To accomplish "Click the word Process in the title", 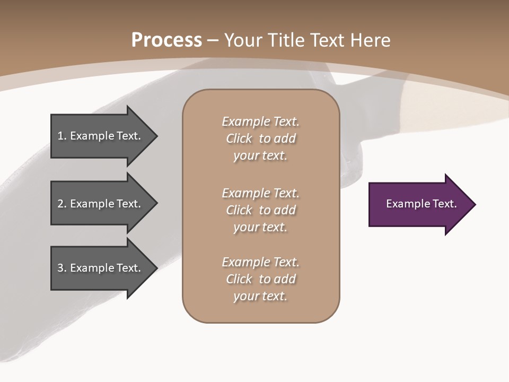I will (x=166, y=40).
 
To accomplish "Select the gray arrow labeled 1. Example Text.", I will (x=101, y=136).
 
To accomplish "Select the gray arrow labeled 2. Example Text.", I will (x=101, y=204).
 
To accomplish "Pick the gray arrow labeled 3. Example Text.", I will (x=101, y=268).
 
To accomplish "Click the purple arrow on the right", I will (x=419, y=204).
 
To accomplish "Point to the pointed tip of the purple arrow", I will (x=475, y=204).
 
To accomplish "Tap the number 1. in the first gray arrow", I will (x=62, y=136).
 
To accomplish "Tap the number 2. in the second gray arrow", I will (x=62, y=204).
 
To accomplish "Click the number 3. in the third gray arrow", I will (x=62, y=268).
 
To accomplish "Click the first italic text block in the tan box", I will (x=260, y=138).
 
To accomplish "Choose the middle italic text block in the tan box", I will (x=260, y=210).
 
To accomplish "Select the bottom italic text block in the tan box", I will (x=260, y=279).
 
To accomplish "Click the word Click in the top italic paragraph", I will (x=239, y=138).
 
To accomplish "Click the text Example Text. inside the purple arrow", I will (x=421, y=204).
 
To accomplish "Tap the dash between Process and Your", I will (x=213, y=41).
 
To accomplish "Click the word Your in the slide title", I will (x=244, y=40).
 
